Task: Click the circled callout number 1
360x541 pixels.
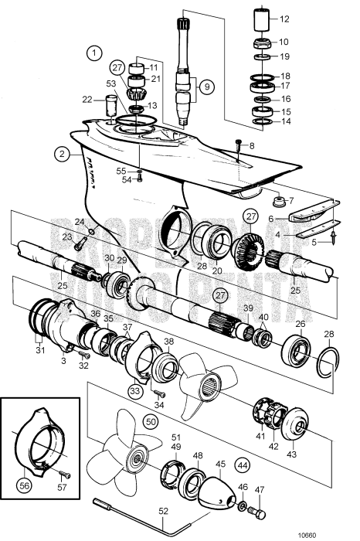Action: [94, 53]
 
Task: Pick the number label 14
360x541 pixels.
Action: [285, 121]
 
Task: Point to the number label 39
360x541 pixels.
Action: [248, 308]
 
